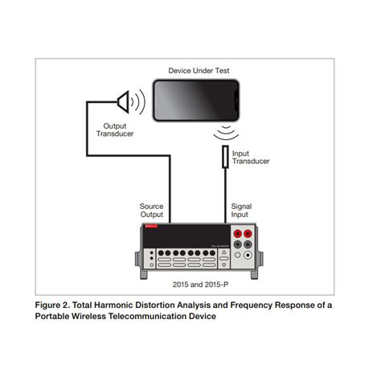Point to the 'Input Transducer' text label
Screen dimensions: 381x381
[250, 157]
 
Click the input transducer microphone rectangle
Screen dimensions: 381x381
[225, 157]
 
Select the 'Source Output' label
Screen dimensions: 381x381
[151, 211]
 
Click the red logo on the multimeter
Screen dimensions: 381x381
[150, 228]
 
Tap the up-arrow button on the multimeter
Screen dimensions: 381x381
[223, 252]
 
